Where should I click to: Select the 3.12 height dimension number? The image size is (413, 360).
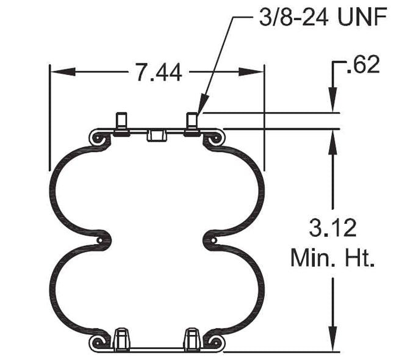coord(332,229)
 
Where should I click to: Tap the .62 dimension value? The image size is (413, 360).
coord(362,65)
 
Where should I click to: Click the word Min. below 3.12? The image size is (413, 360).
coord(309,258)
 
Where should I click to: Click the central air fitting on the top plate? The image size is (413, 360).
coord(157,134)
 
